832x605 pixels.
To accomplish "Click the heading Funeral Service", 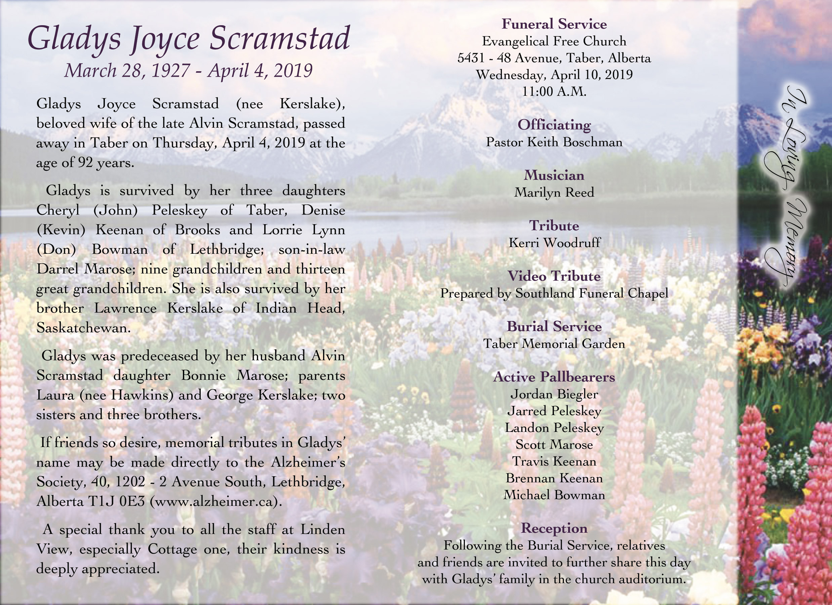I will (x=554, y=24).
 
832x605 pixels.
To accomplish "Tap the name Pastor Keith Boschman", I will (x=554, y=143).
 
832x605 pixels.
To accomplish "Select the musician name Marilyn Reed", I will (x=554, y=193).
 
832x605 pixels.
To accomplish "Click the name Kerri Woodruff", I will (x=554, y=243).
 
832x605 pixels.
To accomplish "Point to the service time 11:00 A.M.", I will (x=554, y=92).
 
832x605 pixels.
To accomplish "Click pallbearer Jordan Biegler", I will (x=554, y=394).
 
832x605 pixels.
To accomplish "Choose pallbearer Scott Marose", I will (x=554, y=445).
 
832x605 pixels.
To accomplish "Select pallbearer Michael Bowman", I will (x=554, y=495).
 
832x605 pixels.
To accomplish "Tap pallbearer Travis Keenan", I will (x=554, y=461).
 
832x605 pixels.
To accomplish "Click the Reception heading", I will (x=554, y=528).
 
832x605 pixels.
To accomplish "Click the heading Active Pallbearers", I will (x=554, y=377).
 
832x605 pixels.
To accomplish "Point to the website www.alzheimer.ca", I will (x=216, y=501).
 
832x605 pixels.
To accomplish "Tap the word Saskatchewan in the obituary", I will (x=83, y=328).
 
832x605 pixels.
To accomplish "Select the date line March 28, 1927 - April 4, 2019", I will (x=188, y=71).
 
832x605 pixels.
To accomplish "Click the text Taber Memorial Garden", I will (x=554, y=344).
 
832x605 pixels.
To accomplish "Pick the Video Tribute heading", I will (x=554, y=276).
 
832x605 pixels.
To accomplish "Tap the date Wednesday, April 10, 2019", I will (x=554, y=75).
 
